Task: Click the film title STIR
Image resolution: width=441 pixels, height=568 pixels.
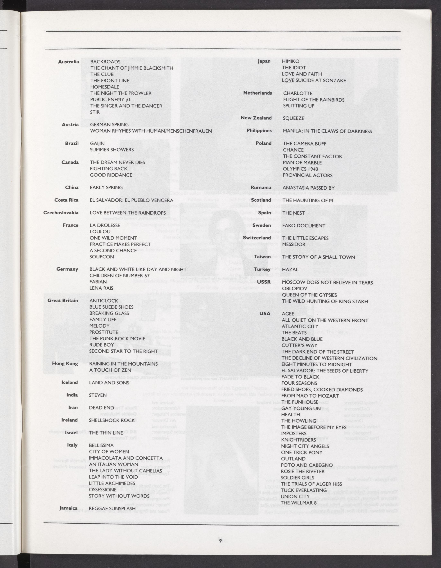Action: click(95, 112)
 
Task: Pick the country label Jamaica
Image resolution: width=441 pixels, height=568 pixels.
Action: click(68, 508)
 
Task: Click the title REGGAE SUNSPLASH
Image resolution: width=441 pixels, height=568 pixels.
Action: click(112, 508)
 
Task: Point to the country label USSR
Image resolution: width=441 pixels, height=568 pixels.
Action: click(264, 282)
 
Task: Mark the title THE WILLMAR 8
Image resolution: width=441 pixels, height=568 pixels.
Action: click(299, 503)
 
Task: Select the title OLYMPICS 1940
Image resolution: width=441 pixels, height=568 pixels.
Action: click(300, 169)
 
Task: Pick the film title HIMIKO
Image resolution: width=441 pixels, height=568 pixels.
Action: click(291, 61)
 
